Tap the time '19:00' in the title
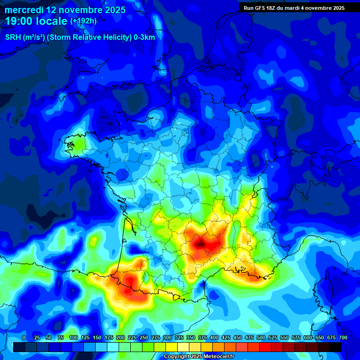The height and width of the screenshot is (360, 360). tap(19, 21)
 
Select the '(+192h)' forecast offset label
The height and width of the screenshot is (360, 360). tap(83, 21)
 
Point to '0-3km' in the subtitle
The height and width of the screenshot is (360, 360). tap(144, 37)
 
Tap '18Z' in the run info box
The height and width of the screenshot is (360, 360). tap(273, 7)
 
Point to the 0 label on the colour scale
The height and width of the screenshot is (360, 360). tap(24, 337)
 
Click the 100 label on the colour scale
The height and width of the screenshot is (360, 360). tap(73, 337)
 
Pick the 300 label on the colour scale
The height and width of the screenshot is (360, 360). tap(167, 337)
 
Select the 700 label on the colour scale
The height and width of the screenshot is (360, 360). tap(343, 337)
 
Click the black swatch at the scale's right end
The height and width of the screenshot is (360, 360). tap(336, 347)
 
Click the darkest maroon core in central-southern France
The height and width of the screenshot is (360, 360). tap(201, 243)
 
